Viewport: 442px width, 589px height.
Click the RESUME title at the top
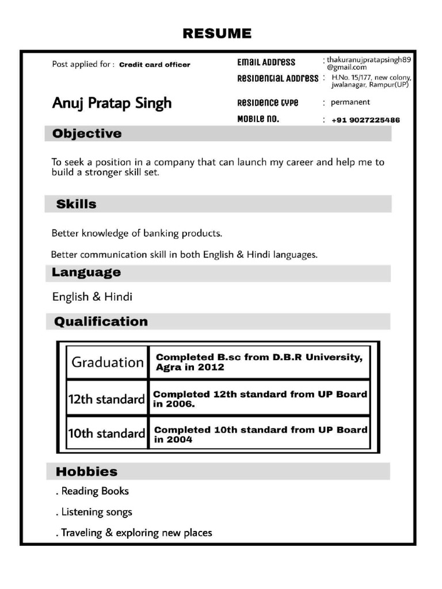(217, 34)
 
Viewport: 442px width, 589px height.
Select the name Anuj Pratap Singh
(112, 103)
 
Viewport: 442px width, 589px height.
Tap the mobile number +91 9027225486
(365, 120)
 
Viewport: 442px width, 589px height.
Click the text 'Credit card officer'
(154, 65)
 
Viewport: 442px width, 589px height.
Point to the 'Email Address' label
(266, 62)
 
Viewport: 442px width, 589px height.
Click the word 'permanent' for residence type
(350, 102)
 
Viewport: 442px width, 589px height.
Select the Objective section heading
(87, 134)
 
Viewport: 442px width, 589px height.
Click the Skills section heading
(76, 204)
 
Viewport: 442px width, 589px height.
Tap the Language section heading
(86, 273)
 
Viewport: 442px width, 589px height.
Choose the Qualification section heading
(101, 322)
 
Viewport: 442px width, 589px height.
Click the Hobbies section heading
(86, 472)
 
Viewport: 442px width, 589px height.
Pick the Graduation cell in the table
(107, 362)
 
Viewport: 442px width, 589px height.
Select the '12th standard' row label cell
(106, 399)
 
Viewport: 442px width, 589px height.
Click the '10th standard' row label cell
(106, 434)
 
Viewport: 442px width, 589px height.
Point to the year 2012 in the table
(211, 368)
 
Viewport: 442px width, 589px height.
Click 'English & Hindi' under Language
(92, 297)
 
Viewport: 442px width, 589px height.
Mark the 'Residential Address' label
(277, 78)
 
